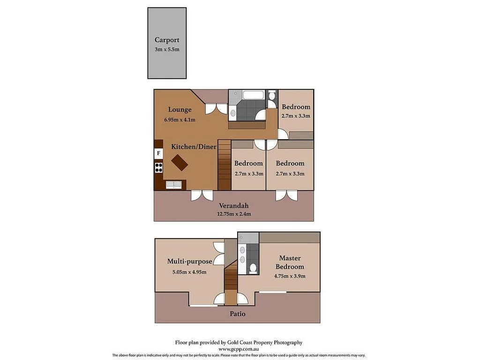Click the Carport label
(x=167, y=40)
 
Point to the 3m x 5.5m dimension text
(x=167, y=49)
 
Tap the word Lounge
(x=180, y=110)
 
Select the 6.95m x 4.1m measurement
(x=180, y=120)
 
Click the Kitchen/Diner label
(x=194, y=147)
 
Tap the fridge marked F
(x=158, y=153)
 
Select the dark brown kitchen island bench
(x=180, y=163)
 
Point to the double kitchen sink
(x=173, y=184)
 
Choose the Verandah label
(x=233, y=205)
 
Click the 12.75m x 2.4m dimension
(x=233, y=214)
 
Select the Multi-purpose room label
(x=189, y=262)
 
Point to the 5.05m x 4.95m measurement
(x=189, y=271)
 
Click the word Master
(x=290, y=258)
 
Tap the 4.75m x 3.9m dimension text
(x=290, y=276)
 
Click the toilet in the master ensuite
(x=253, y=268)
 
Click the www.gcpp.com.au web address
(x=239, y=349)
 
